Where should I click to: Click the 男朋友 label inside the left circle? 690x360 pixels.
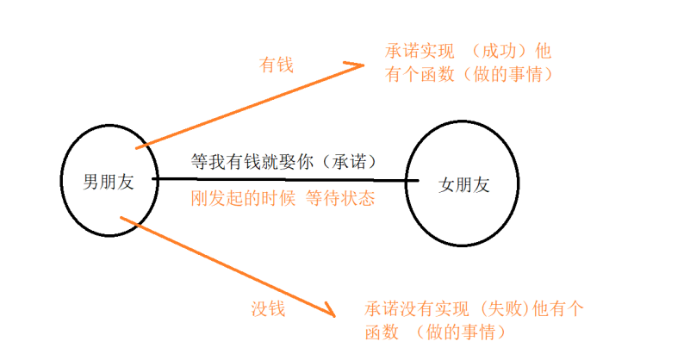pyautogui.click(x=108, y=182)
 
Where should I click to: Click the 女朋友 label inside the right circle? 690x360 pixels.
pyautogui.click(x=463, y=184)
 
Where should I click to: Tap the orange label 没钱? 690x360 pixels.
pyautogui.click(x=268, y=307)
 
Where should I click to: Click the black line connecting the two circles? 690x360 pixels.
pyautogui.click(x=284, y=179)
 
